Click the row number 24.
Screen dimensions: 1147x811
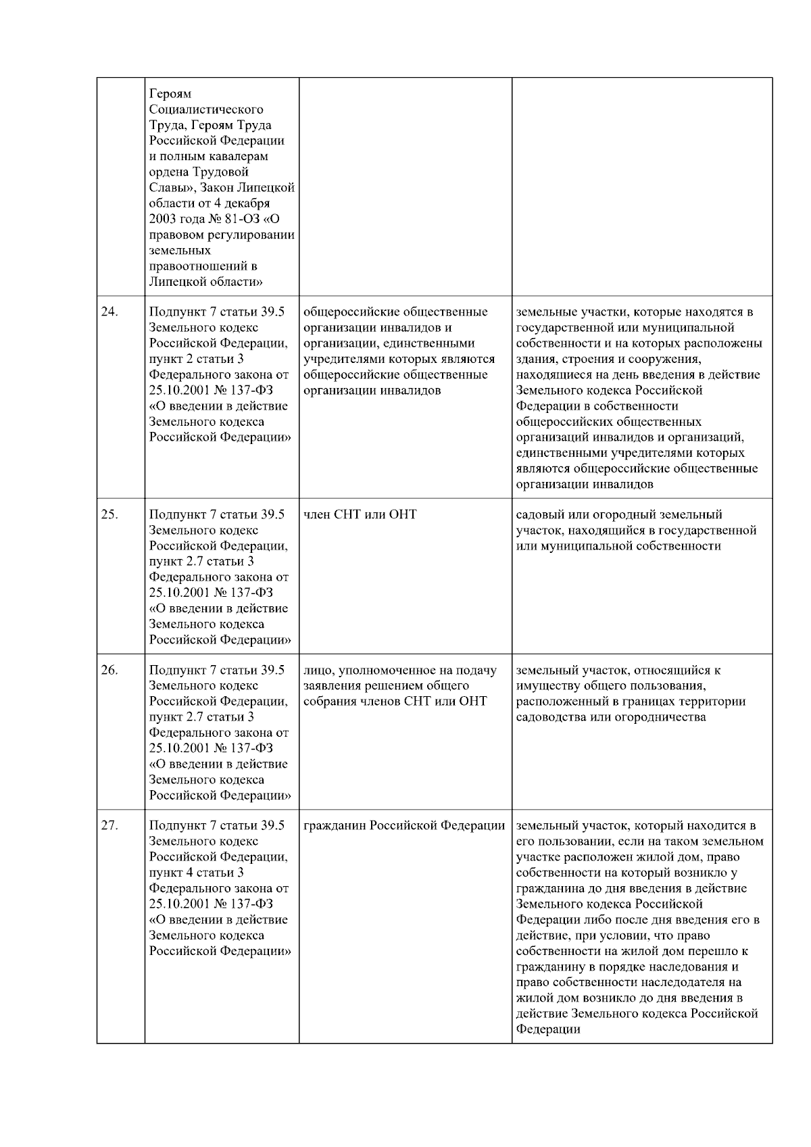point(109,312)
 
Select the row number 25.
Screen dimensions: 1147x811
point(109,514)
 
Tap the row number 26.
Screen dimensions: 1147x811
point(109,670)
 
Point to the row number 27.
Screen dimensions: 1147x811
point(109,825)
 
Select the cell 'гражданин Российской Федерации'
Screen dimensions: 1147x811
point(404,825)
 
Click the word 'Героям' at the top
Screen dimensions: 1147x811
point(170,93)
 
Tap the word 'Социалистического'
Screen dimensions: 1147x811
point(206,109)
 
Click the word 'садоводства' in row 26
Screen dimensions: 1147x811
point(551,717)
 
